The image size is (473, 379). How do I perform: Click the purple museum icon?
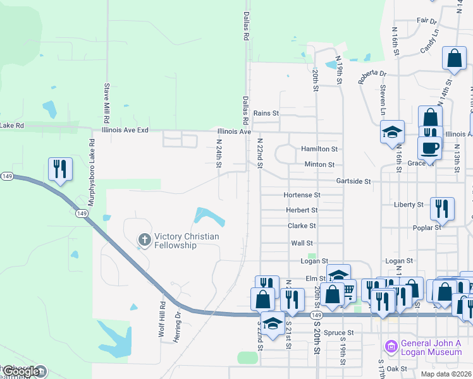[390, 347]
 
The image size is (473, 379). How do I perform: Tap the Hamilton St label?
[319, 148]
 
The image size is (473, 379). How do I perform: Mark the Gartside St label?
[353, 181]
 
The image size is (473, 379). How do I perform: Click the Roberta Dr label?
[372, 76]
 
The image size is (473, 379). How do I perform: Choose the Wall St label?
[302, 243]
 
